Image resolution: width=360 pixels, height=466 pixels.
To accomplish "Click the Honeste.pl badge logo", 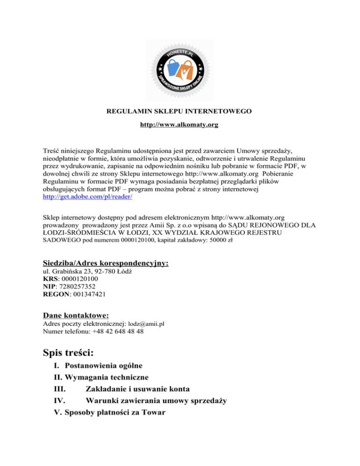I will click(180, 70).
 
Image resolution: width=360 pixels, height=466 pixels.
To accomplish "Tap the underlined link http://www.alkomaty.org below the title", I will click(180, 125).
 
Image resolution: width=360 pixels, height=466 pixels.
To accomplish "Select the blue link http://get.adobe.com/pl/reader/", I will click(87, 197).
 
